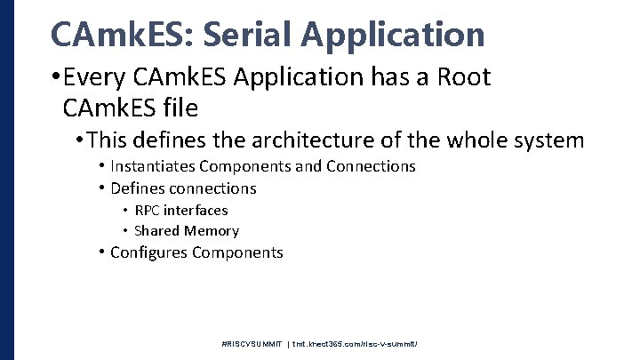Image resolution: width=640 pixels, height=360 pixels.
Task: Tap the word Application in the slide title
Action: pos(395,35)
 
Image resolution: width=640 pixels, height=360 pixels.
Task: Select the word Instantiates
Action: pos(152,166)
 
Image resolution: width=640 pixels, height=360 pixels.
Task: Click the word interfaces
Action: pos(197,211)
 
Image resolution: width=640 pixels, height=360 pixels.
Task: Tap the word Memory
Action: pos(211,231)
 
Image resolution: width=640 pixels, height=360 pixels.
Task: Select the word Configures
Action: pos(148,252)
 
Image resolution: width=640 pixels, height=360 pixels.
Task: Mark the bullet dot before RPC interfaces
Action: pos(125,212)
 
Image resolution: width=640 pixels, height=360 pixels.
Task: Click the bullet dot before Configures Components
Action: pos(102,252)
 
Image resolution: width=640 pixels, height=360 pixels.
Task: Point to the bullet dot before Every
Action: pos(57,78)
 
